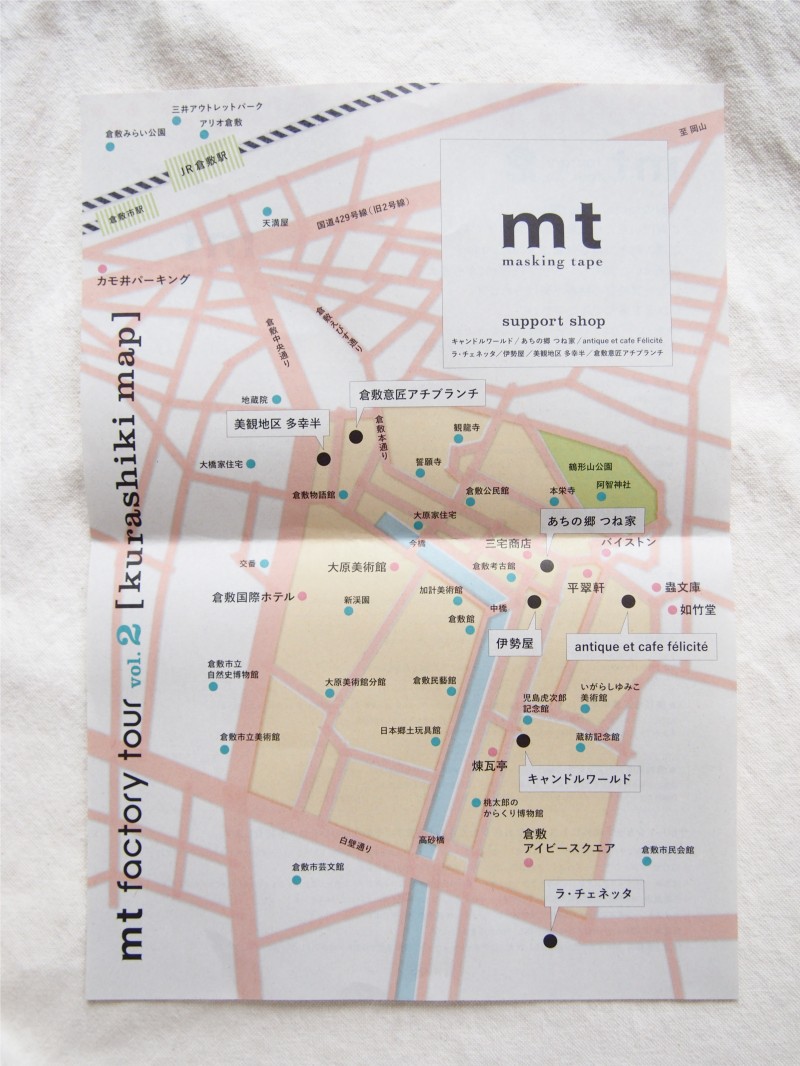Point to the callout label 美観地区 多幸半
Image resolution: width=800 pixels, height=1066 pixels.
tap(277, 423)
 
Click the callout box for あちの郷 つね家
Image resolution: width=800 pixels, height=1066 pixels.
tap(593, 521)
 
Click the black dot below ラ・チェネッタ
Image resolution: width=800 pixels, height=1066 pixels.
tap(549, 940)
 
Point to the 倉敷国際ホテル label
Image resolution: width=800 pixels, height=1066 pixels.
tap(252, 597)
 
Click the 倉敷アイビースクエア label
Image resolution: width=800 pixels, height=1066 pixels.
tap(565, 842)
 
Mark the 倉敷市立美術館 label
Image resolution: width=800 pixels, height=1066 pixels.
tap(250, 736)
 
